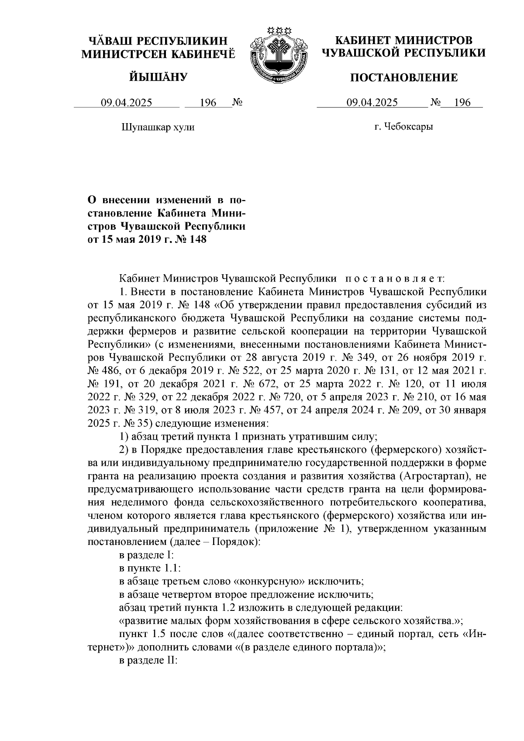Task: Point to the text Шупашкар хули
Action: pos(157,127)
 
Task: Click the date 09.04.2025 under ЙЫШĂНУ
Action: pos(127,103)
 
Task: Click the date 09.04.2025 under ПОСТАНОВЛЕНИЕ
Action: pos(372,103)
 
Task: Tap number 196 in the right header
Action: pos(462,103)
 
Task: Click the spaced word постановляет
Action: pos(394,278)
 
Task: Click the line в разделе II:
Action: pos(148,661)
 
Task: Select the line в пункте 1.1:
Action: pos(147,569)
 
